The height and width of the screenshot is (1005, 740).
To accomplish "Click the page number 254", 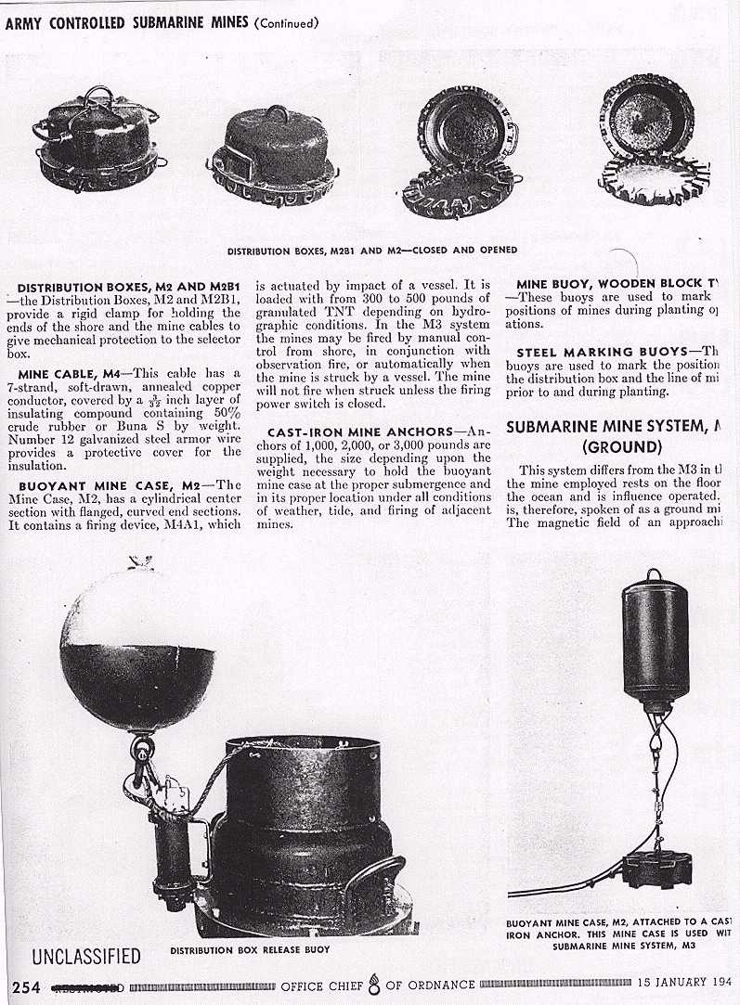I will click(25, 986).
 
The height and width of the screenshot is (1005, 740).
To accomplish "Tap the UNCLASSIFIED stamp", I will click(86, 957).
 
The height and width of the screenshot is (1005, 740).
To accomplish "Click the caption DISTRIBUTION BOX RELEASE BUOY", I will click(250, 950).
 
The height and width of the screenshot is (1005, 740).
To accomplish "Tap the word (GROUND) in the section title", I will click(621, 446).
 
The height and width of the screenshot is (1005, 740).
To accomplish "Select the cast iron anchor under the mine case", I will click(658, 870).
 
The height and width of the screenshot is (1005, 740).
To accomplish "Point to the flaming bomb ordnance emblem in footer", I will click(374, 984).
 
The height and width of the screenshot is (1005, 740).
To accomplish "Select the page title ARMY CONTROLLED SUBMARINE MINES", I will click(127, 23).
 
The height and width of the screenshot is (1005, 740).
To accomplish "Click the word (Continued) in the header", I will click(286, 23).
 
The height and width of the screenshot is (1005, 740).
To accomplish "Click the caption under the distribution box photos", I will click(372, 251).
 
